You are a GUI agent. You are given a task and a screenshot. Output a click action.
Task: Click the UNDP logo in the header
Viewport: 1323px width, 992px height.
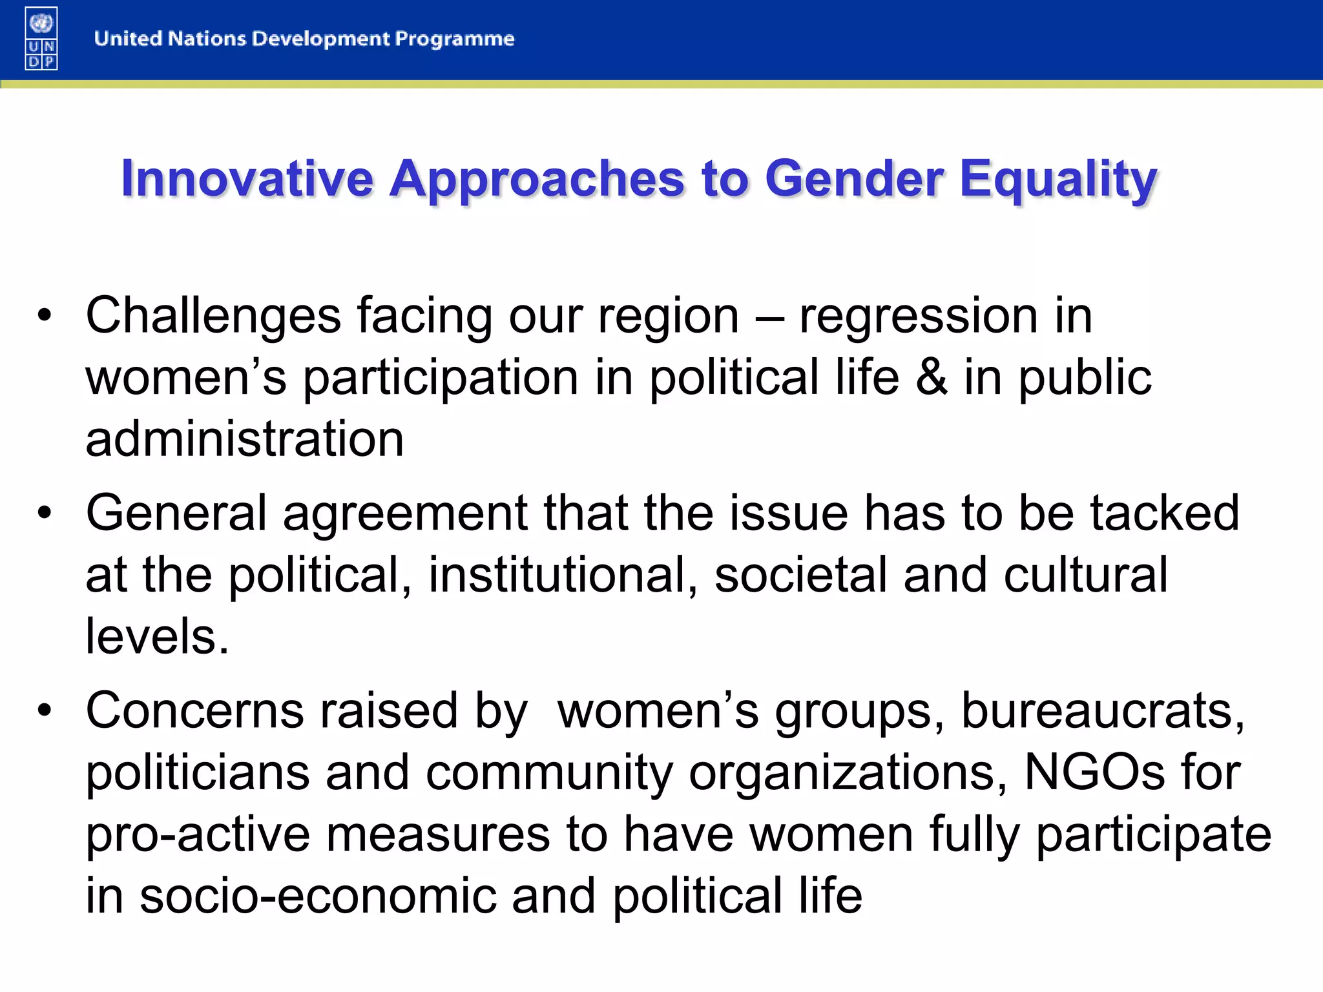coord(41,39)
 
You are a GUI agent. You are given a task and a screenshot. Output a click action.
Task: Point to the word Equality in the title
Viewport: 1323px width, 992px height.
coord(1058,180)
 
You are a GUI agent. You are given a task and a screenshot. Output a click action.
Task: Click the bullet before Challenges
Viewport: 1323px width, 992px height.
coord(44,316)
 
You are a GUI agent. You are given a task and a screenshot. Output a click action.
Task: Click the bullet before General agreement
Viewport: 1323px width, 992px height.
coord(44,513)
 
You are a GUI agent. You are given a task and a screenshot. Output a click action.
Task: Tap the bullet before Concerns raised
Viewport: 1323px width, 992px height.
coord(44,711)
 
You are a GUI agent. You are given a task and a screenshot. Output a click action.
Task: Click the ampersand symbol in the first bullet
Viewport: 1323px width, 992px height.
coord(932,378)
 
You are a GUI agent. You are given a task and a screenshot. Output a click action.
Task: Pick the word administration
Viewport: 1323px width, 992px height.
coord(244,439)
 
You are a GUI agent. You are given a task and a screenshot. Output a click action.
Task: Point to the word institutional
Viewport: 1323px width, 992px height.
coord(563,575)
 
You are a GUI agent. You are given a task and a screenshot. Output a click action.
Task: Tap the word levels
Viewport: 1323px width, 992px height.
coord(157,636)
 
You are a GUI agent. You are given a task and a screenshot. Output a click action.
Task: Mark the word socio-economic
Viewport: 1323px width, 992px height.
coord(318,896)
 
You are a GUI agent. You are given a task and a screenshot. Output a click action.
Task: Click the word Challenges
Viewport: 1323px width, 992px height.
coord(213,316)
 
